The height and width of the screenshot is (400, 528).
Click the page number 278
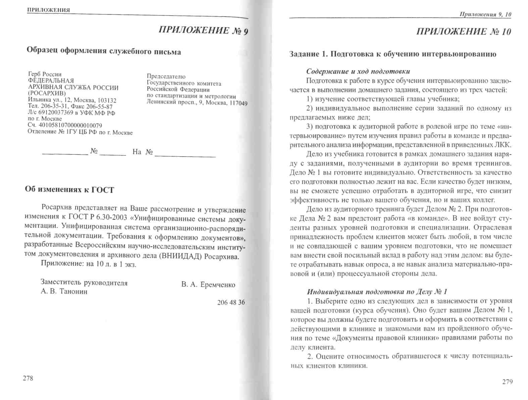(28, 378)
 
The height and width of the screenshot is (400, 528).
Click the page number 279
(507, 382)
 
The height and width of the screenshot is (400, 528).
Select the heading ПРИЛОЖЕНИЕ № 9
(203, 31)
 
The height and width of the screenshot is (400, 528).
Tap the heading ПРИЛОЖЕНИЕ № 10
(464, 32)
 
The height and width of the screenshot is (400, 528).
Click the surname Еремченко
(218, 285)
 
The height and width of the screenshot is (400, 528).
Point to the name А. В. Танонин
(64, 291)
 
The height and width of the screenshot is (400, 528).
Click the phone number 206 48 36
(231, 302)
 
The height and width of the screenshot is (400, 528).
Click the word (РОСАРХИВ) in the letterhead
(47, 94)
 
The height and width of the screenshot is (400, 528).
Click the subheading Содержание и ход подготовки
(358, 71)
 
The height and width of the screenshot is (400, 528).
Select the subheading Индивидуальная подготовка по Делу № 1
(377, 291)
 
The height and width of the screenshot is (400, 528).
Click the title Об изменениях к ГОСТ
(69, 190)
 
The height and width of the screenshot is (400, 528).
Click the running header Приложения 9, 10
(485, 14)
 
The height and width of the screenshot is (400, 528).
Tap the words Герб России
(45, 74)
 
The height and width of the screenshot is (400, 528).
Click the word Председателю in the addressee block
(166, 77)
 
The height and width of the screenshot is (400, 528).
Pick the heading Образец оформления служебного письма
(103, 51)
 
